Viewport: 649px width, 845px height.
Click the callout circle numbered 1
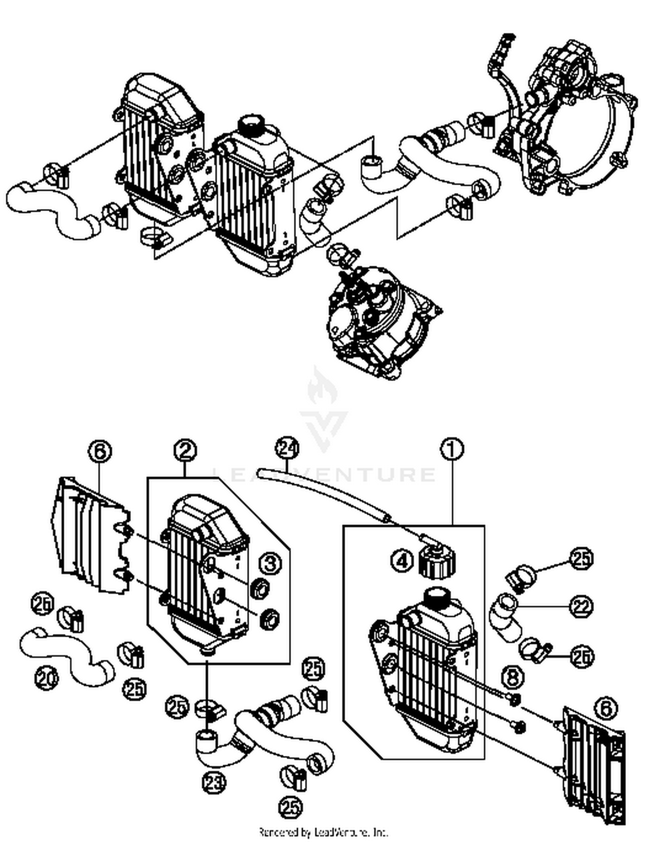tap(452, 450)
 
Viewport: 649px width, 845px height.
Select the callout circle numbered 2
tap(185, 451)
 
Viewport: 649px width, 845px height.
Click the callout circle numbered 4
tap(402, 562)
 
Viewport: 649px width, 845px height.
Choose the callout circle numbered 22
tap(581, 607)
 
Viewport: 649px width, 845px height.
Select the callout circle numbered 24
tap(288, 449)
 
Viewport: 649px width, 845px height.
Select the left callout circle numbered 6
tap(100, 452)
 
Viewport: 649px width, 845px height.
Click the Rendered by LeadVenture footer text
tap(324, 832)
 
